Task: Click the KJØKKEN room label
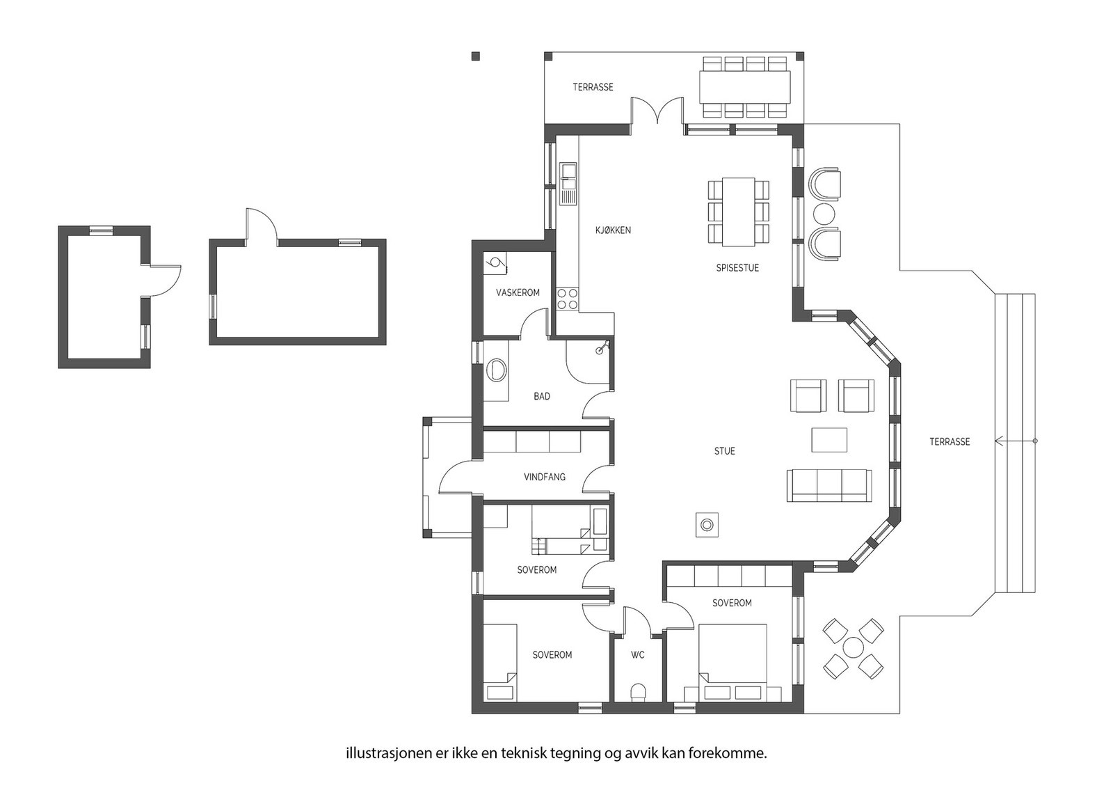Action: (613, 230)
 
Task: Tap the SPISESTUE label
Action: (737, 268)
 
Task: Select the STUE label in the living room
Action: (724, 451)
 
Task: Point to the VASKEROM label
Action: (518, 292)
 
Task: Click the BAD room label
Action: (542, 396)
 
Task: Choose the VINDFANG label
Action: (545, 477)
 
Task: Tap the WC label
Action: (637, 655)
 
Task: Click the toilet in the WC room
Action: (637, 692)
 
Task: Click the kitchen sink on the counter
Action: (568, 184)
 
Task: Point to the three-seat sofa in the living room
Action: (828, 485)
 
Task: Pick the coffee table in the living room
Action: (829, 439)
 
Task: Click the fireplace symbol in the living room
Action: (707, 524)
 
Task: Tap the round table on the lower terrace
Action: (853, 648)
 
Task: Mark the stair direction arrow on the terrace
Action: (1016, 441)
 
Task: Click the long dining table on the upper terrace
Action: (744, 87)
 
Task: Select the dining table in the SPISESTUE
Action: (738, 212)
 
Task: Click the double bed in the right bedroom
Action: (732, 662)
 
